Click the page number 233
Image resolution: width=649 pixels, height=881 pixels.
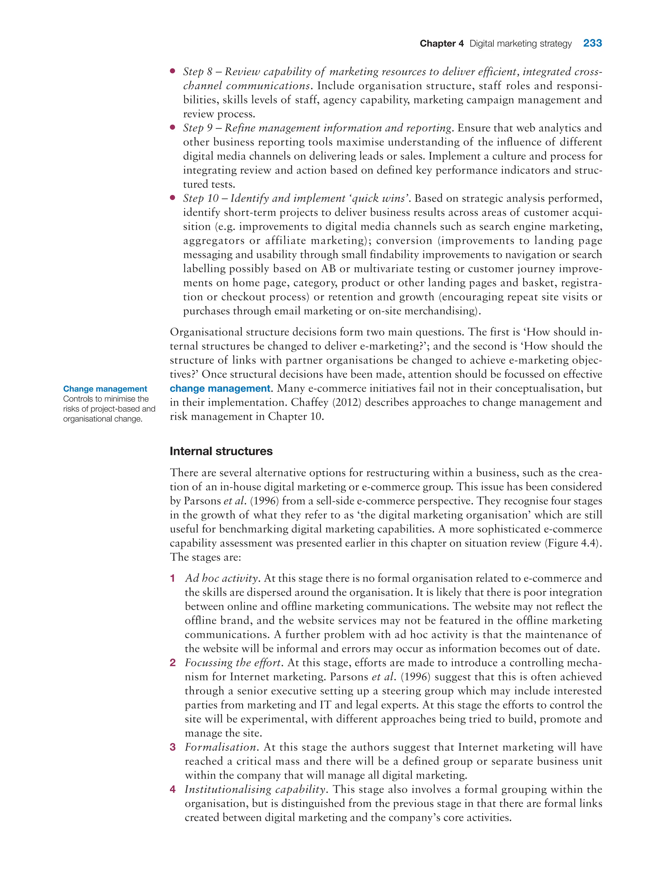coord(592,43)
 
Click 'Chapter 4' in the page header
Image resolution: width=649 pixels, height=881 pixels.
coord(441,44)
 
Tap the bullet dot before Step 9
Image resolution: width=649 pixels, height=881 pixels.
coord(172,127)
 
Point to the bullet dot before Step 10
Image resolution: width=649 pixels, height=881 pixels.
coord(172,198)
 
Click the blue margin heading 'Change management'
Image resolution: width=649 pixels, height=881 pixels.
coord(105,388)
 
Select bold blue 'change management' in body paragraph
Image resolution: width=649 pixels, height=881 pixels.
coord(220,388)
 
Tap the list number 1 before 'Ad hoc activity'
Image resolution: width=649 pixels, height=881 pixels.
coord(172,578)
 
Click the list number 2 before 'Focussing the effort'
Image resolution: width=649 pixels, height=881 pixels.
coord(172,663)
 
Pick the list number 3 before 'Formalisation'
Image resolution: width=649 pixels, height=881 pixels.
coord(172,747)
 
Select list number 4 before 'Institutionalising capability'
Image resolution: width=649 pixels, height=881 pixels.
coord(172,789)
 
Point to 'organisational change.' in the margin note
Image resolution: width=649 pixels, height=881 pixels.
coord(103,419)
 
